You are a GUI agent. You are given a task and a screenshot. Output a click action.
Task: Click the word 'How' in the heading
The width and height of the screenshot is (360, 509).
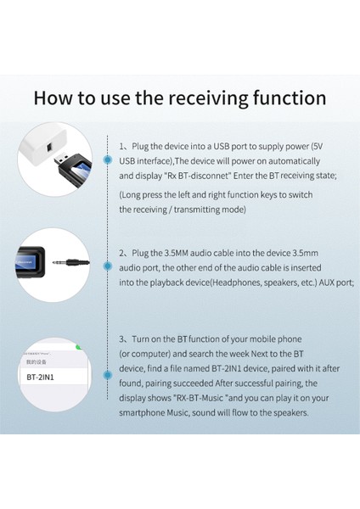click(55, 97)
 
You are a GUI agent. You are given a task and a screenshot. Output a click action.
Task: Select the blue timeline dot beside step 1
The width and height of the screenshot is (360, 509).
click(105, 159)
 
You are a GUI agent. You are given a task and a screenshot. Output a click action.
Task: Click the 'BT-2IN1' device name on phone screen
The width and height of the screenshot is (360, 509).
click(42, 377)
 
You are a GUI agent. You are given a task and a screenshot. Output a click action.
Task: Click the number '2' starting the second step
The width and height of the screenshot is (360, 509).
click(121, 253)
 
